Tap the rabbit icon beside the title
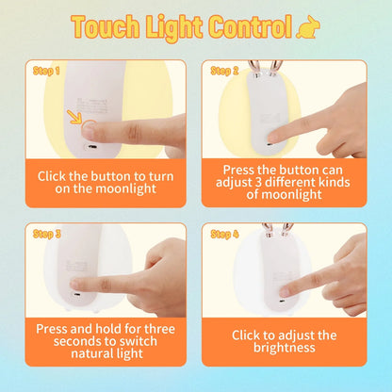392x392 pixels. coord(309,29)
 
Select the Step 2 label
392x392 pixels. coord(224,71)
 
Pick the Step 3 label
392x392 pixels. coord(46,234)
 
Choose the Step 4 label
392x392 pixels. coord(224,233)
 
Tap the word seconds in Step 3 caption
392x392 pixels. coord(65,341)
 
